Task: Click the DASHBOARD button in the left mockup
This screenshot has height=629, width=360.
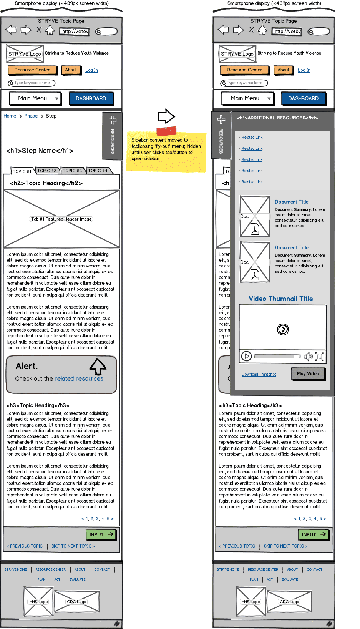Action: coord(91,98)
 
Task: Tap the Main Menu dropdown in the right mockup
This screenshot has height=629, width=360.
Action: coord(247,98)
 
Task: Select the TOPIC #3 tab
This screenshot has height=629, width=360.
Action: coord(72,171)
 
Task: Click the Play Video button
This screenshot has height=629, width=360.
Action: coord(308,374)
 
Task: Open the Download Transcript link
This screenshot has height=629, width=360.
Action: coord(259,374)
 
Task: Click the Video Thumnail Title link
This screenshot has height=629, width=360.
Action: coord(280,299)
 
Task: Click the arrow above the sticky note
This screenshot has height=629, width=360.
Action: coord(166,116)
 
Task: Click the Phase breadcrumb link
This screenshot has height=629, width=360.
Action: coord(31,116)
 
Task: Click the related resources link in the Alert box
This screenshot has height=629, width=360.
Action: coord(79,379)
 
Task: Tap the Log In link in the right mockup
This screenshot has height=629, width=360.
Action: coord(304,70)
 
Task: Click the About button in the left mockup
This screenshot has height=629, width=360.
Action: coord(71,70)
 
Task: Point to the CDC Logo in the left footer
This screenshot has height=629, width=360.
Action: coord(77,602)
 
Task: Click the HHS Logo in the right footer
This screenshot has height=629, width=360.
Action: coord(251,602)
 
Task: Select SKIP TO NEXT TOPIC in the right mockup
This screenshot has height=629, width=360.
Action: coord(285,546)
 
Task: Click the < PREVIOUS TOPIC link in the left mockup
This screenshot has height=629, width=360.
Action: coord(24,546)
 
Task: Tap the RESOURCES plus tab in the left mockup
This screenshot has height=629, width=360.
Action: coord(112,134)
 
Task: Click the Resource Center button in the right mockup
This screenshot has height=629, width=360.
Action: coord(244,70)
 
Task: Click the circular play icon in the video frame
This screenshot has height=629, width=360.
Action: coord(283,329)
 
